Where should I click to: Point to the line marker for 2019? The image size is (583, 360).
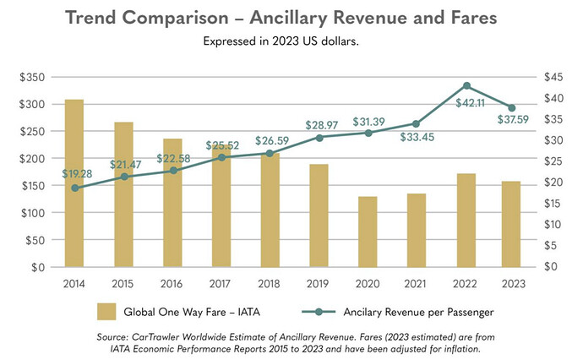coord(319,138)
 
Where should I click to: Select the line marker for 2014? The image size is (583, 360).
coord(74,188)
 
